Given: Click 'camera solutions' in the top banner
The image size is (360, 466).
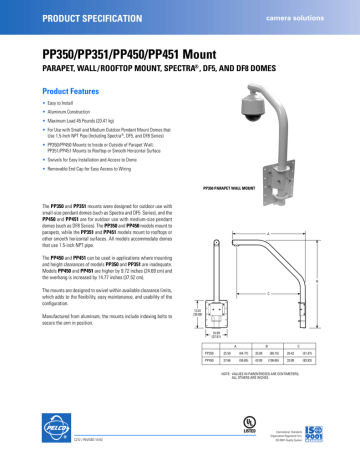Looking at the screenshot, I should [307, 19].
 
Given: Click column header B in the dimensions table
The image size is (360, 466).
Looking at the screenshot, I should [274, 342].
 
